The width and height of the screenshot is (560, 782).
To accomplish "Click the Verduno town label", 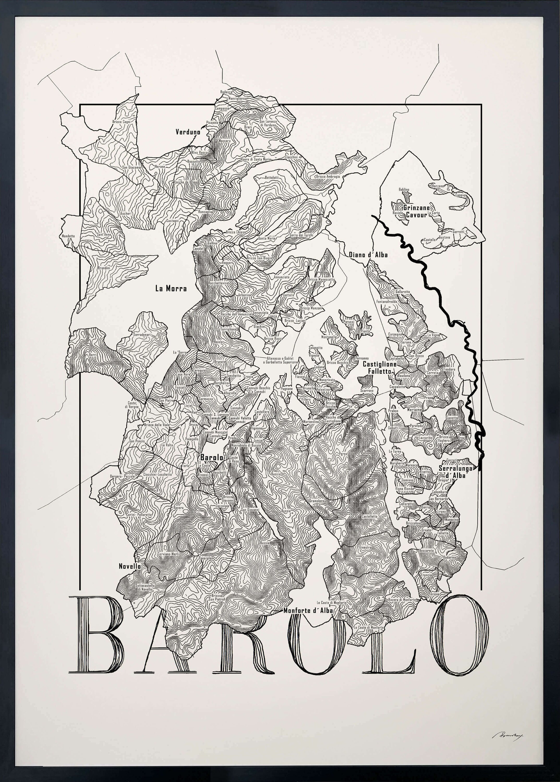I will point(188,132).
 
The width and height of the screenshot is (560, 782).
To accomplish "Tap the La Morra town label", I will point(171,289).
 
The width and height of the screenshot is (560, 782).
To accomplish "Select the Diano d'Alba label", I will point(368,255).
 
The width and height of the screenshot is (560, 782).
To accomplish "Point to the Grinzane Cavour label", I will point(417,211).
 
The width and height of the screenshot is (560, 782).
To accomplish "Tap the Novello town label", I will point(130,566).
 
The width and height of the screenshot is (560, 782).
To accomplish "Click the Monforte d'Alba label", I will point(308,610).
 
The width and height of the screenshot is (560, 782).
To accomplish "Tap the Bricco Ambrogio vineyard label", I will point(328,177).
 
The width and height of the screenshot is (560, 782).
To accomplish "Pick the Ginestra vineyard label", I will point(365,547).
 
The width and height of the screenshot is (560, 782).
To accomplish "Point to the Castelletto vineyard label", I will point(370,516).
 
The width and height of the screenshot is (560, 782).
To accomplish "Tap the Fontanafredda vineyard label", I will point(387,301).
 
